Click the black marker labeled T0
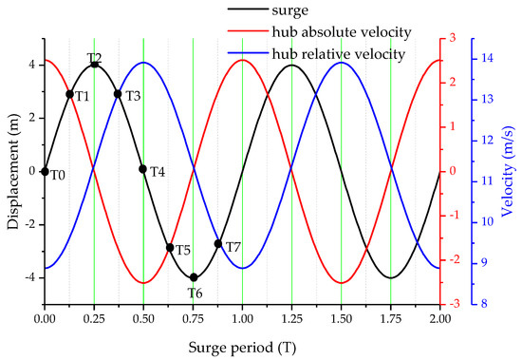[x=45, y=172]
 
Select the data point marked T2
[x=94, y=65]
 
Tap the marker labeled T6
[x=194, y=277]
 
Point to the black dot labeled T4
[x=143, y=169]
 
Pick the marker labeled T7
[x=218, y=244]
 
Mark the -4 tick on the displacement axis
[x=31, y=277]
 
